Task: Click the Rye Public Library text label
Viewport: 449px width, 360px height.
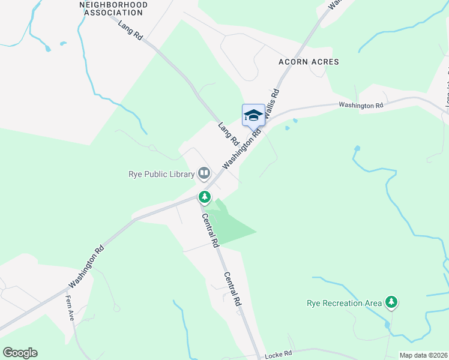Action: click(x=161, y=175)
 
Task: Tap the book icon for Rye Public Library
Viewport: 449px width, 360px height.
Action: click(x=205, y=174)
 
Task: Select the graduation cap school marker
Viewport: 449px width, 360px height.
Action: click(x=253, y=115)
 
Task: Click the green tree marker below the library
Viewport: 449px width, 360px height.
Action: click(x=205, y=197)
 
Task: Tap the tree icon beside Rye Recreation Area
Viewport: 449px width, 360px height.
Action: click(x=391, y=302)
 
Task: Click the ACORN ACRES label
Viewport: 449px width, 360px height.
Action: click(x=309, y=62)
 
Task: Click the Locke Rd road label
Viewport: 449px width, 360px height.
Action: click(x=279, y=354)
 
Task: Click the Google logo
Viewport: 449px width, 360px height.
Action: click(x=20, y=353)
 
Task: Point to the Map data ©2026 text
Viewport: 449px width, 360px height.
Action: click(x=423, y=355)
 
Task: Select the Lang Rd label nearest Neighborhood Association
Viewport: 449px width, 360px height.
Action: click(x=130, y=31)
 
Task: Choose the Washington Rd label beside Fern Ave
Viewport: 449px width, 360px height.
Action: click(x=86, y=265)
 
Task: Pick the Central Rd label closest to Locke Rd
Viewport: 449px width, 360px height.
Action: click(x=232, y=290)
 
